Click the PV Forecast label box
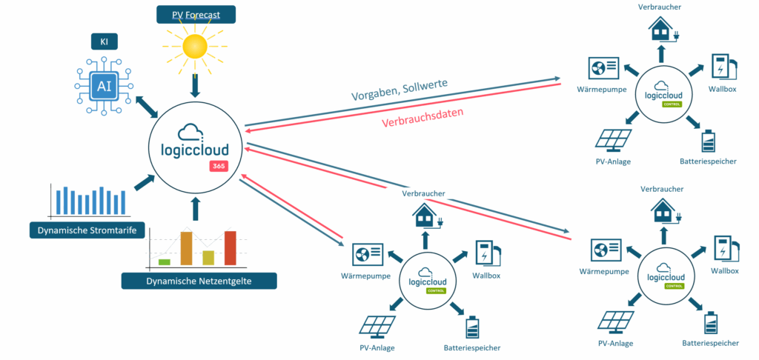click(196, 14)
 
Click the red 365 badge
click(219, 166)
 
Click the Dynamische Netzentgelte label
click(198, 280)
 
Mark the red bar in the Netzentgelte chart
click(230, 247)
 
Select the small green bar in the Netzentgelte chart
click(165, 261)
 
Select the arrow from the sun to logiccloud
click(196, 87)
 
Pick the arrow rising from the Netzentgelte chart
click(196, 209)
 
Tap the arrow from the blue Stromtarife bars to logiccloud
click(139, 181)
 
